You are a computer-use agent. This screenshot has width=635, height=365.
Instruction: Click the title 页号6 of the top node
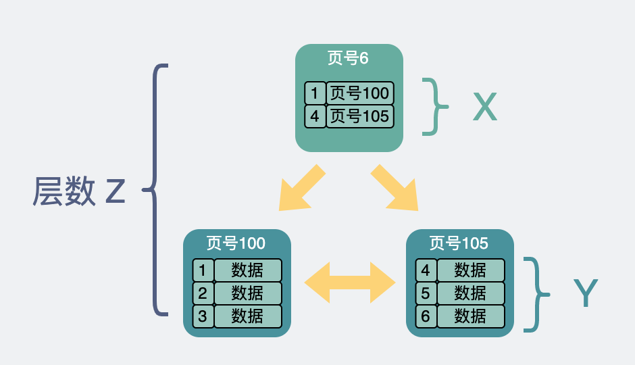tap(348, 58)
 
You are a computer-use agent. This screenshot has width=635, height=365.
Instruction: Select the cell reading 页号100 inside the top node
tap(360, 93)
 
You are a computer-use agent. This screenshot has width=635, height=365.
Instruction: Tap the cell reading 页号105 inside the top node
tap(360, 116)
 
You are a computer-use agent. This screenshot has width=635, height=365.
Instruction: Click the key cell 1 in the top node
tap(315, 93)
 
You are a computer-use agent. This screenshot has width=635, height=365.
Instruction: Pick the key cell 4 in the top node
tap(315, 116)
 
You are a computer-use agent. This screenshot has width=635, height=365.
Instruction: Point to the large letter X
tap(485, 107)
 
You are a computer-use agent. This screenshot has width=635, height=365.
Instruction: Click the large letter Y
tap(586, 293)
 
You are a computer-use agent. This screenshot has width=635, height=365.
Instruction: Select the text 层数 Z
tap(79, 191)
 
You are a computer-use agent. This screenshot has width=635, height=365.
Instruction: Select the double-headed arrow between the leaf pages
tap(350, 283)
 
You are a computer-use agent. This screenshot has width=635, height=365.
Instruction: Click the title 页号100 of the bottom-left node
tap(236, 243)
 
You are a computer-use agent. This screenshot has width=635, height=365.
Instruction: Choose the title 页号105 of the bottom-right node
tap(459, 243)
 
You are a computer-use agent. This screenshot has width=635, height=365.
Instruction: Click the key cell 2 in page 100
tap(203, 293)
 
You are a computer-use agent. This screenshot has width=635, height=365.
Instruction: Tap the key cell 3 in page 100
tap(203, 316)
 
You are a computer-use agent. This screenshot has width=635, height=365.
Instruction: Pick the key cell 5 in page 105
tap(426, 293)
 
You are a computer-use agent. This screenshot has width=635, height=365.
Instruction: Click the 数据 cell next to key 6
tap(471, 316)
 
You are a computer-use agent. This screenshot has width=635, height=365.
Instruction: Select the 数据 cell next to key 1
tap(248, 270)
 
